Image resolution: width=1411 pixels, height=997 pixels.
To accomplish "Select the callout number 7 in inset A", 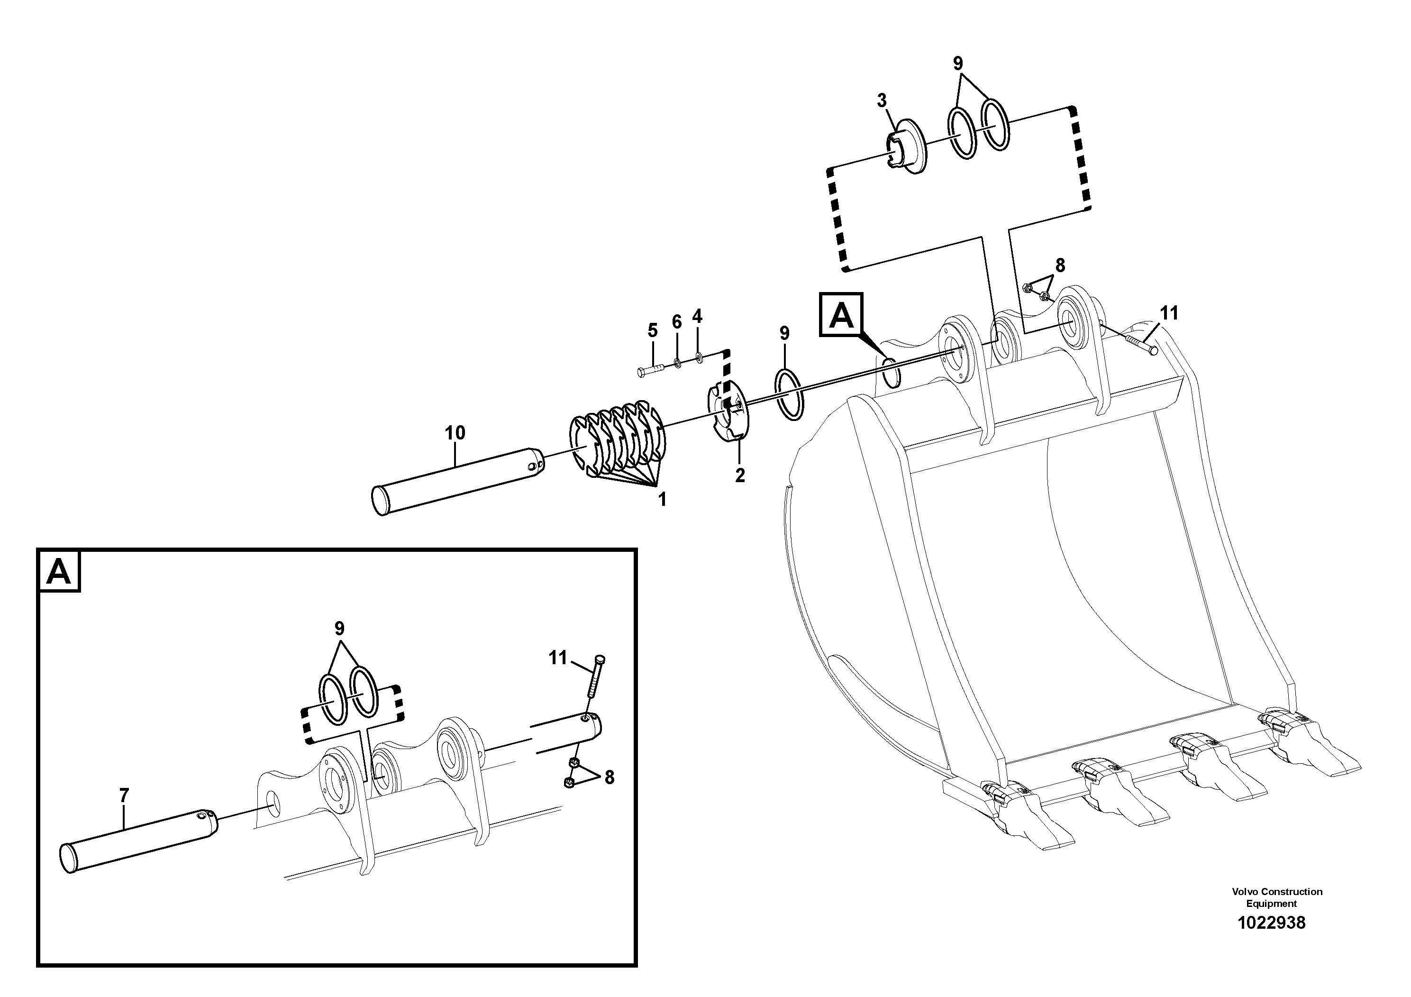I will point(124,796).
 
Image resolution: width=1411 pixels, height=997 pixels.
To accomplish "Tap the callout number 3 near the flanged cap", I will point(882,100).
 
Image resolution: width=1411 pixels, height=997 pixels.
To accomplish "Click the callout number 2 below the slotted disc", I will point(740,475).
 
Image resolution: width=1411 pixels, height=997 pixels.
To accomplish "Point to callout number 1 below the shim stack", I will point(662,500).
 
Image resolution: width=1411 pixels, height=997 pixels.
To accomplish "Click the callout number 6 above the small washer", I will point(677,321).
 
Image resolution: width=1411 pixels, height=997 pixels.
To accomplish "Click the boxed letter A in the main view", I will point(841,315).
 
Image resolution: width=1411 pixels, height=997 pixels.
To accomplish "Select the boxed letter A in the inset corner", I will point(59,572).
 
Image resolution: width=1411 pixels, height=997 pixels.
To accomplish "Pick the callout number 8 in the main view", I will point(1060,265).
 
